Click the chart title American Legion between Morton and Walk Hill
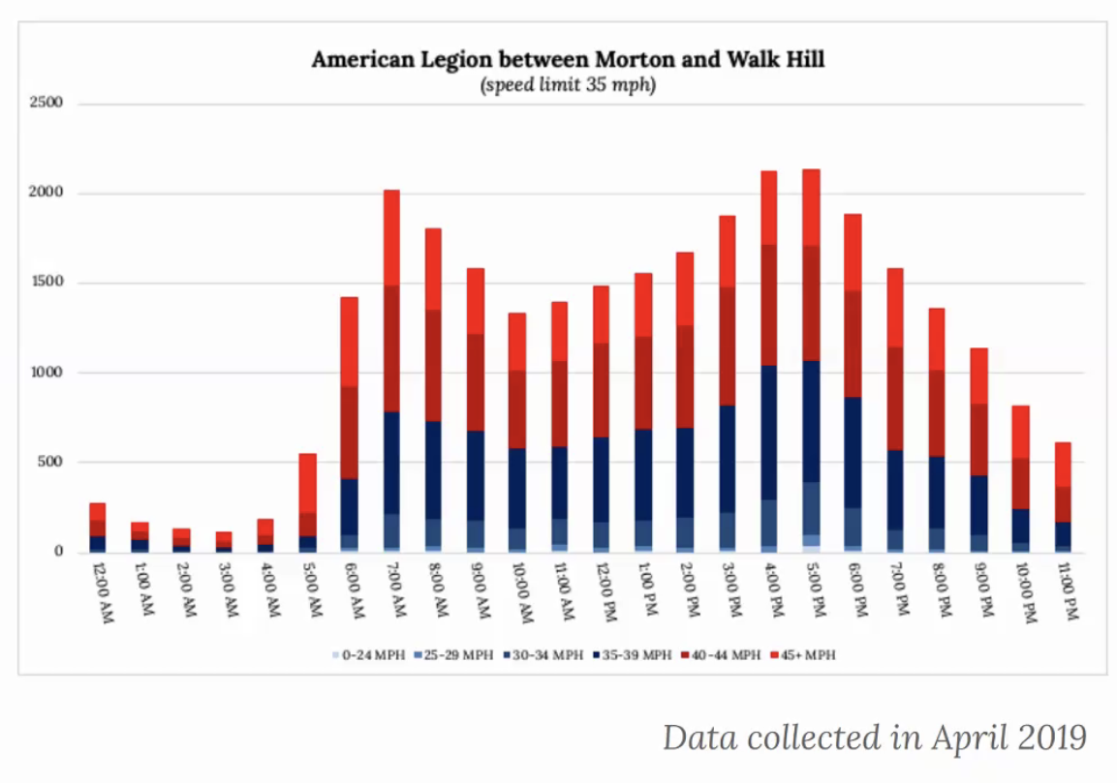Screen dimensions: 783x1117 568,60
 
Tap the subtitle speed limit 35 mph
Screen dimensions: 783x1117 568,84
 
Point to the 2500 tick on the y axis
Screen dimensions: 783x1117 45,103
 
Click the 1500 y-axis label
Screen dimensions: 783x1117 45,283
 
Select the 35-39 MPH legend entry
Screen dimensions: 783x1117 632,655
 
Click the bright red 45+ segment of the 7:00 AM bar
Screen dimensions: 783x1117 391,237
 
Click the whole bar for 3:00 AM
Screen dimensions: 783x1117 225,541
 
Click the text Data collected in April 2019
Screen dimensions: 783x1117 874,738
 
